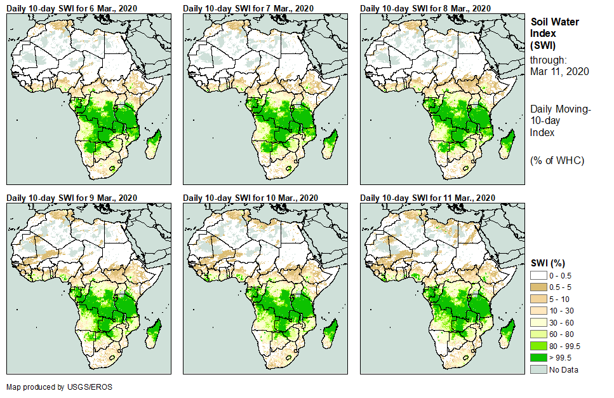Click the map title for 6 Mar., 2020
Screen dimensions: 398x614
(x=71, y=8)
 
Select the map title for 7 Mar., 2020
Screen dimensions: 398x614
(x=248, y=8)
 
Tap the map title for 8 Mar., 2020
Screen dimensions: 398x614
(x=425, y=8)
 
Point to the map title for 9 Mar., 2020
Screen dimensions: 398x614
(x=71, y=198)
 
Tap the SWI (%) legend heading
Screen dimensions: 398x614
(x=548, y=263)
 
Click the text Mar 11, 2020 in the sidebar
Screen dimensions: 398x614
(x=559, y=71)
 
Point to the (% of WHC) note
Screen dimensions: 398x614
(x=557, y=160)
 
